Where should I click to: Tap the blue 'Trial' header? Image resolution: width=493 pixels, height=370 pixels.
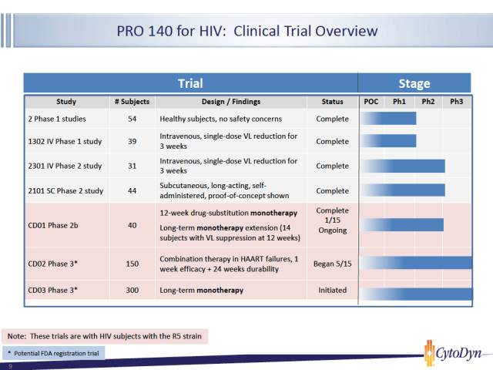tap(190, 83)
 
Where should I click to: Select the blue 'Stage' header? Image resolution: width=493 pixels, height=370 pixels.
tap(414, 83)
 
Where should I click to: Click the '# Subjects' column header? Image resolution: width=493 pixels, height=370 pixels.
tap(132, 102)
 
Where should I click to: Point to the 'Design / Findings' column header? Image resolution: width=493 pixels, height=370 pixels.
tap(231, 102)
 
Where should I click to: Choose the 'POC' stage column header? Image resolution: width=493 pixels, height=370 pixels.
tap(371, 102)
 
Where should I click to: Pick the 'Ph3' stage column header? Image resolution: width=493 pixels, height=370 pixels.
tap(457, 102)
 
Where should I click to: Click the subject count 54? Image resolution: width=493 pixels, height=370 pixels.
tap(132, 119)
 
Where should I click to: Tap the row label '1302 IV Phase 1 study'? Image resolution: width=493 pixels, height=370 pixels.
tap(65, 142)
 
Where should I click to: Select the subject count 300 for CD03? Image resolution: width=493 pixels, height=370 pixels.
tap(132, 290)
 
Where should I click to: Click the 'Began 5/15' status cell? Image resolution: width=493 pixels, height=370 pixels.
tap(332, 264)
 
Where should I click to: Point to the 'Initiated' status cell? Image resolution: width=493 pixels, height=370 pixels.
tap(332, 290)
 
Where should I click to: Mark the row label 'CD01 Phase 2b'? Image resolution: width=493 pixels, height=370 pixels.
tap(53, 225)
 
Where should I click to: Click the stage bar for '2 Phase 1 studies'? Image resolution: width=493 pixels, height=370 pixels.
tap(389, 118)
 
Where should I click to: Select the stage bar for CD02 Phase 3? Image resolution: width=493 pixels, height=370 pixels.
tap(417, 263)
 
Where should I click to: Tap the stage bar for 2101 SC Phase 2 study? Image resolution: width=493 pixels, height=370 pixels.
tap(404, 190)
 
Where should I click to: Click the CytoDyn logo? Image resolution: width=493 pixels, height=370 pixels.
tap(453, 353)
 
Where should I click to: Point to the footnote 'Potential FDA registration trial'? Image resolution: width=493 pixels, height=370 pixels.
tap(56, 354)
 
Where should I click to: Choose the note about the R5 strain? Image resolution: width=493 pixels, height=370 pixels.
tap(105, 336)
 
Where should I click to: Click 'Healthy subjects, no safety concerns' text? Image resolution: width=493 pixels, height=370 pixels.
tap(221, 119)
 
